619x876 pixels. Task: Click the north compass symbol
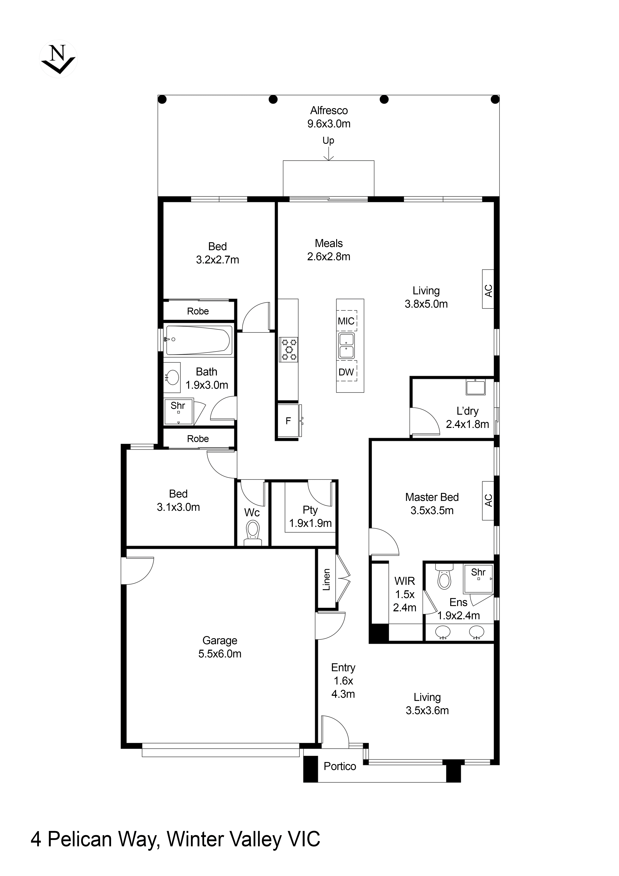(58, 59)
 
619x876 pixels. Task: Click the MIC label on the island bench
(346, 321)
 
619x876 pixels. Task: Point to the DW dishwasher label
(346, 372)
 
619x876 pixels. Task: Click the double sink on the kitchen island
(346, 346)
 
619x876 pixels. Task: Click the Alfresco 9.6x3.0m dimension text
(329, 124)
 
